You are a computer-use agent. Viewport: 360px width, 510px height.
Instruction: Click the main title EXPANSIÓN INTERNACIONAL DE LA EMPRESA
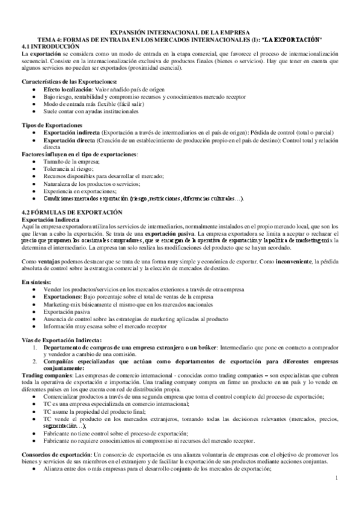180,34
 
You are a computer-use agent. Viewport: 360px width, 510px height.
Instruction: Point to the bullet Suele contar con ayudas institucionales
90,111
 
